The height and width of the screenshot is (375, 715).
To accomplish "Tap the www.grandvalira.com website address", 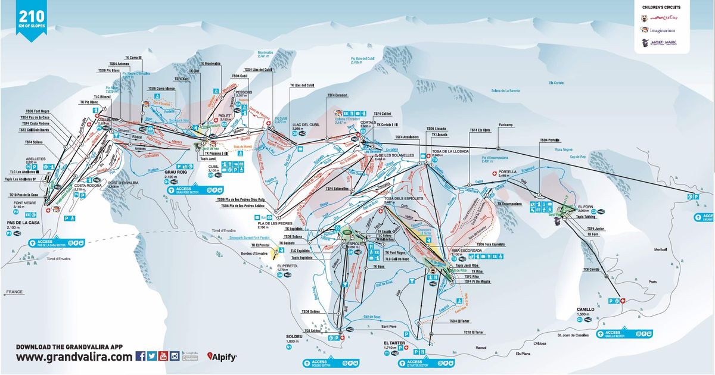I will click(74, 357).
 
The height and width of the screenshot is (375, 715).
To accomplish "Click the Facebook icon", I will click(141, 357).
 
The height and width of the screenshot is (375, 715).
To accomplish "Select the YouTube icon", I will click(163, 357).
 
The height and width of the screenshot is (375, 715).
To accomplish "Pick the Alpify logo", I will click(222, 357).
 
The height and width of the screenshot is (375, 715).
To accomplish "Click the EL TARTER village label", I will click(394, 343).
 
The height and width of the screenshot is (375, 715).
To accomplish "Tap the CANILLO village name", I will click(586, 310).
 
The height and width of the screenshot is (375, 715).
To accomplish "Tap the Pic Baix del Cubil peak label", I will click(363, 58).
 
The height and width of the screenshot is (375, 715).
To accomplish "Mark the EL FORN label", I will click(585, 206).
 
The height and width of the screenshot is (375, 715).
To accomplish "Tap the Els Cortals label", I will click(556, 82).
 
